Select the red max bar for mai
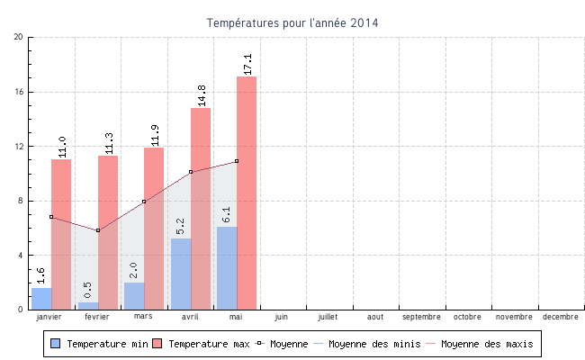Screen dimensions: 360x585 click(x=247, y=193)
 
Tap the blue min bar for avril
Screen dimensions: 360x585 click(x=180, y=274)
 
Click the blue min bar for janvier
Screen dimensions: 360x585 click(x=41, y=299)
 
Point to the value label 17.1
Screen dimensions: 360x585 click(x=247, y=63)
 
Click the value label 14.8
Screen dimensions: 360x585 click(x=201, y=94)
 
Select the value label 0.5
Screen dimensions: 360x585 click(x=87, y=291)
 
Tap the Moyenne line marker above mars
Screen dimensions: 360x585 click(x=144, y=202)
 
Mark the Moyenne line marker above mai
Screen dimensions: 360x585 click(x=237, y=161)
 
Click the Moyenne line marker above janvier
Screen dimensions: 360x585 click(x=51, y=217)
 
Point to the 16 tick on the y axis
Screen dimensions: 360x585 click(x=19, y=92)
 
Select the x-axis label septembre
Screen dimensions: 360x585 click(x=421, y=317)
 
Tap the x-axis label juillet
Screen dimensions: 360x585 click(x=328, y=317)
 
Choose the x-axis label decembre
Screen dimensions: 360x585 click(x=560, y=317)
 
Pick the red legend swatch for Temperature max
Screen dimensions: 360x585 click(x=157, y=344)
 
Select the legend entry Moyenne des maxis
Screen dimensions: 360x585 click(x=486, y=344)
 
